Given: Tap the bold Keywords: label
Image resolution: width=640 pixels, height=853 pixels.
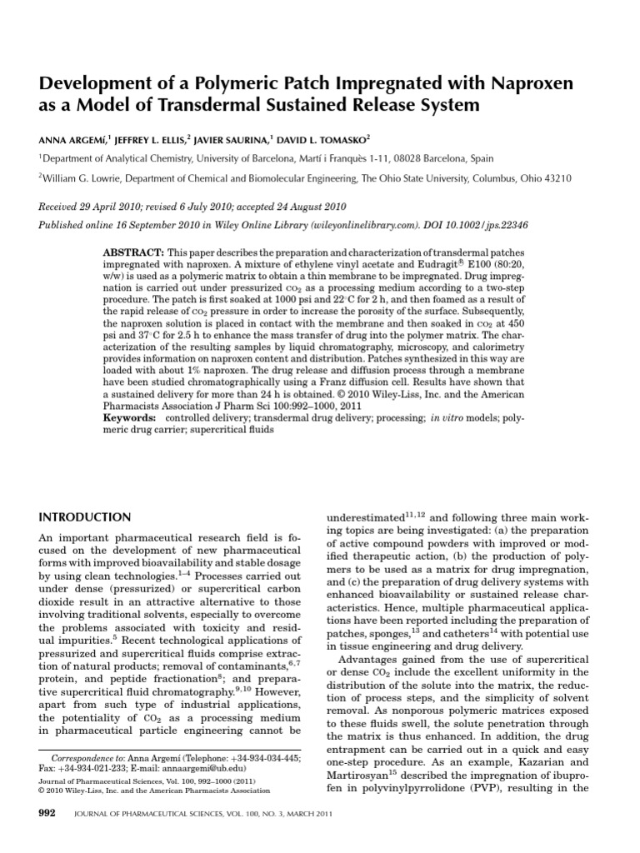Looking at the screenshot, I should [x=130, y=415].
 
